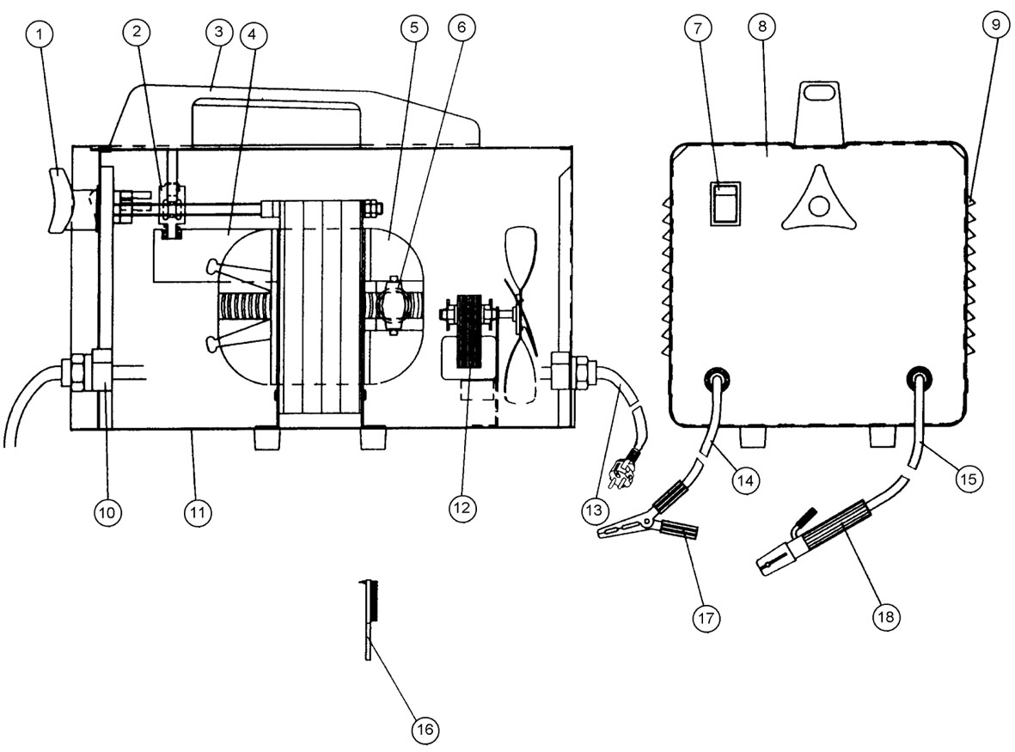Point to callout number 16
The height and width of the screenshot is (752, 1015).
point(423,730)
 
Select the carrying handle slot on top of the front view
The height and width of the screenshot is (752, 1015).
point(819,92)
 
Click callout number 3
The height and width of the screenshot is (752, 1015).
point(219,34)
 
